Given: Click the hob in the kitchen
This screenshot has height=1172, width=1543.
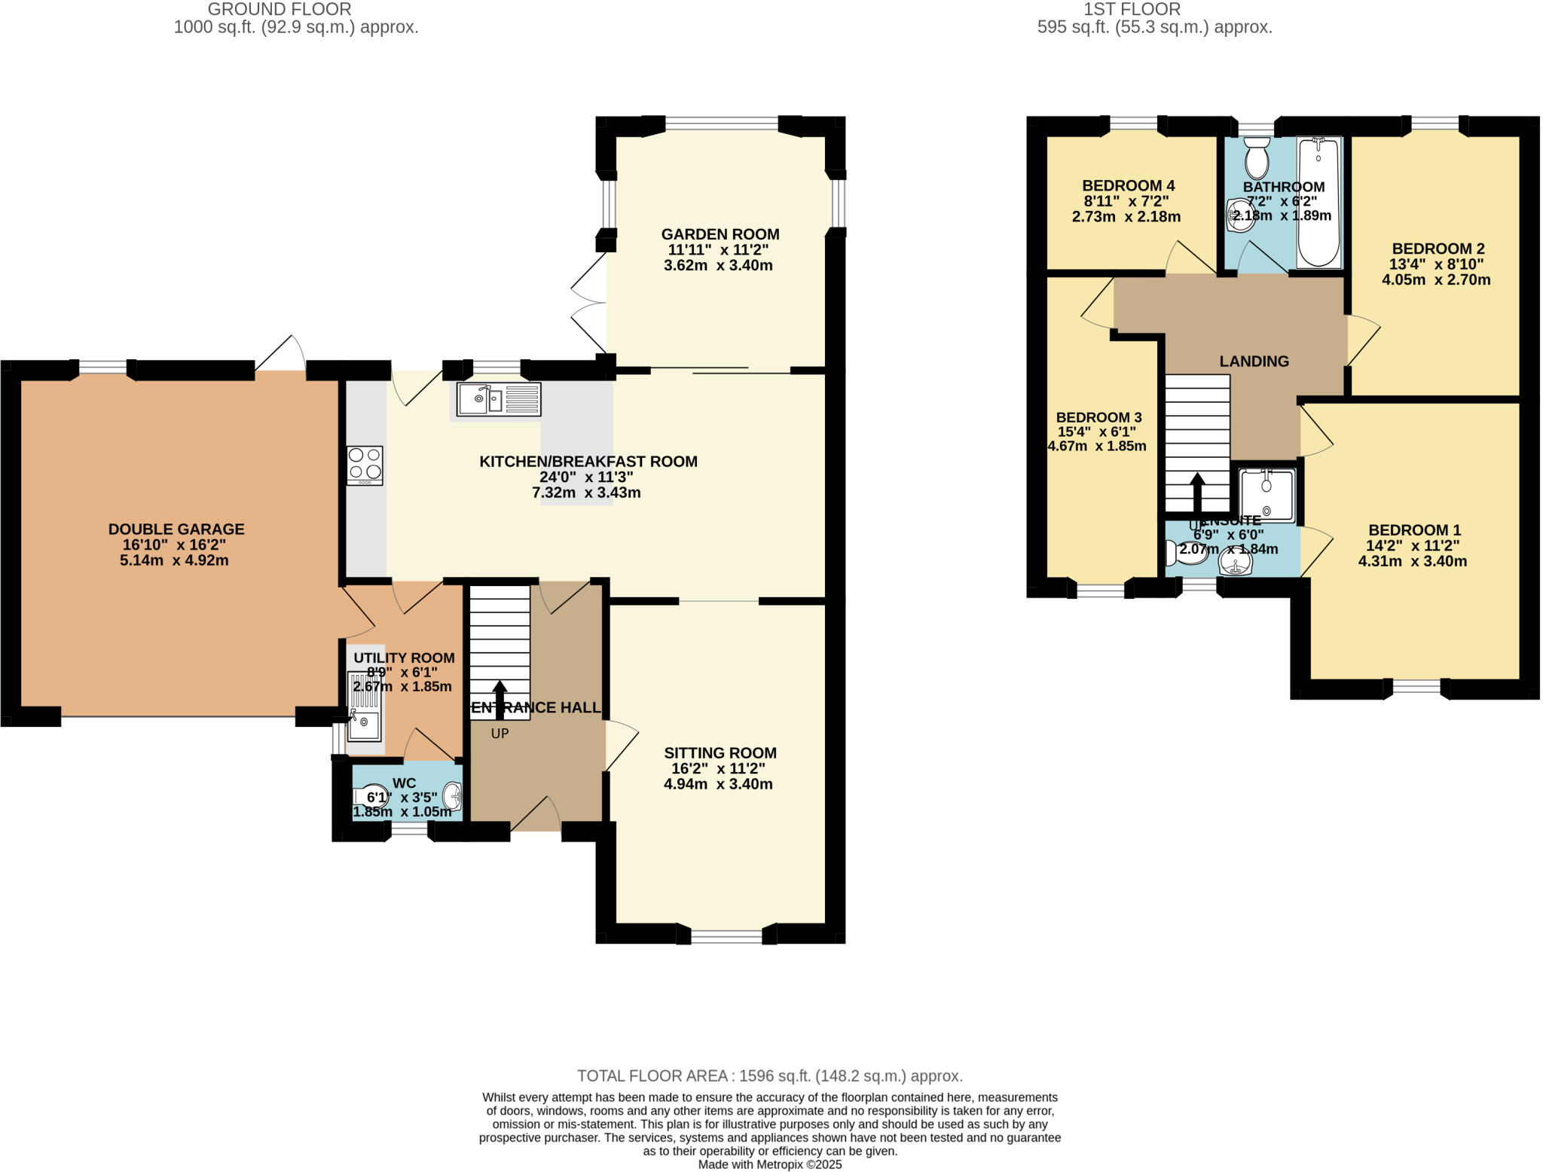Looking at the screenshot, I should (365, 465).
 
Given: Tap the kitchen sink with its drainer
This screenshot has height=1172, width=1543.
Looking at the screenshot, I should (498, 399).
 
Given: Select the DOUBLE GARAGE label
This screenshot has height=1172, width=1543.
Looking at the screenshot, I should (176, 530).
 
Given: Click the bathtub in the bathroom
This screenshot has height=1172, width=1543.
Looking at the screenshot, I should (1318, 202).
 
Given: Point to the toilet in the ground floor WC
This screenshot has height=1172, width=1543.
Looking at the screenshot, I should (370, 796).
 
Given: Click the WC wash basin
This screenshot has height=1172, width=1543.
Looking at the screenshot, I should (452, 795).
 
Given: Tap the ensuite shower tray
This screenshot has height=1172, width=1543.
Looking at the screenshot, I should (1267, 495).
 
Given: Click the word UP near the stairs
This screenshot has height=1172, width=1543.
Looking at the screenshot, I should (500, 734).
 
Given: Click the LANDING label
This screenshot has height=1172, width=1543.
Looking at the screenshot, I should (1254, 362).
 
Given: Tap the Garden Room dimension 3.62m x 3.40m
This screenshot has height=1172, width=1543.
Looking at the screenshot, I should (718, 266).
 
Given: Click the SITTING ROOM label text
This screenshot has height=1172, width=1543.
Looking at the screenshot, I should (720, 752).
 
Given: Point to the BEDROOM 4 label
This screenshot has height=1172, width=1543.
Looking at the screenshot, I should (1128, 186).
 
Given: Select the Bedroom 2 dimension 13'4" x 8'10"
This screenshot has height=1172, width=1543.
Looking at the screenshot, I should (1436, 264).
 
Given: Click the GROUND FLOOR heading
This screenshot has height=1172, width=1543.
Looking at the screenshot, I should (280, 10).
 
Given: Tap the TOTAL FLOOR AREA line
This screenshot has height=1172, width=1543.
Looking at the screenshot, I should (770, 1076).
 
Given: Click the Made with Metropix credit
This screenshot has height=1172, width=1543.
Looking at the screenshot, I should (770, 1164).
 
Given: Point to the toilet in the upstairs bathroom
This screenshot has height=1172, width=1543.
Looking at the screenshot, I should (1257, 157).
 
